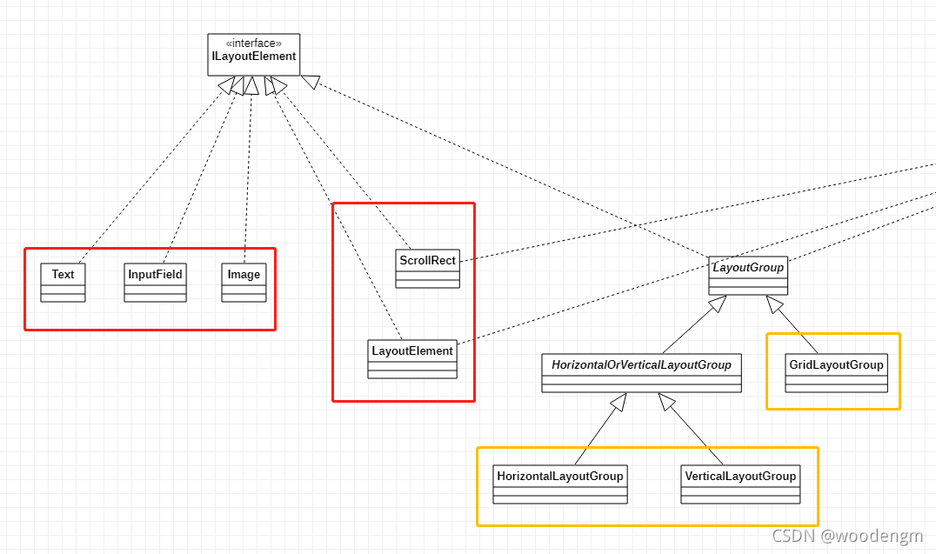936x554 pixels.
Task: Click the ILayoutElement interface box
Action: (x=254, y=55)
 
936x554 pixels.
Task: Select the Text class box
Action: (x=63, y=283)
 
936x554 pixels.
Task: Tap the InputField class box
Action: (x=155, y=283)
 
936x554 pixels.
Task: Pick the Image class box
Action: (x=244, y=283)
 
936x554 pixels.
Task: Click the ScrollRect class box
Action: (x=427, y=269)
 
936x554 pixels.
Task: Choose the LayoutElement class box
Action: (x=411, y=359)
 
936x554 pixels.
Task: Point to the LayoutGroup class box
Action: (x=748, y=276)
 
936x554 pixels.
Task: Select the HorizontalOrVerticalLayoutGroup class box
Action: (x=641, y=373)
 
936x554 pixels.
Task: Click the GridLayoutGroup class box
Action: (x=836, y=373)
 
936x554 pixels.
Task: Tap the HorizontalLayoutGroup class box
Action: (x=560, y=484)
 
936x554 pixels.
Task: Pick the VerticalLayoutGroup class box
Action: (x=740, y=484)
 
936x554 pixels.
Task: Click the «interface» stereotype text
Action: (x=254, y=43)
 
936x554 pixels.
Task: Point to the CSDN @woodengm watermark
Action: (x=847, y=536)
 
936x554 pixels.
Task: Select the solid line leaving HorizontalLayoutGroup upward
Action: (x=600, y=430)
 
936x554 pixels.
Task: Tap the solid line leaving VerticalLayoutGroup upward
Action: (x=691, y=430)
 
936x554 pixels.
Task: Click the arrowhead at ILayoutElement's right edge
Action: (x=311, y=82)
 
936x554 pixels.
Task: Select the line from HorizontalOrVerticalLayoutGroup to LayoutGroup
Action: (x=694, y=324)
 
